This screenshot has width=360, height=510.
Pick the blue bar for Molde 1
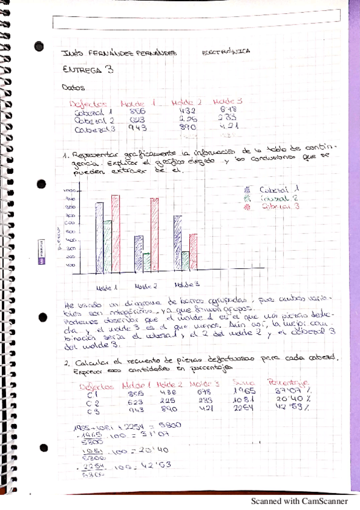pyautogui.click(x=100, y=238)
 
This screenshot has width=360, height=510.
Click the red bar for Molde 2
pyautogui.click(x=154, y=235)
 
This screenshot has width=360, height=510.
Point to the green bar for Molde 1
pyautogui.click(x=108, y=247)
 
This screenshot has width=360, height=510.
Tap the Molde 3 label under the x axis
pyautogui.click(x=186, y=284)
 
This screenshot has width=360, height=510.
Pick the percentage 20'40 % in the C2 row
pyautogui.click(x=291, y=399)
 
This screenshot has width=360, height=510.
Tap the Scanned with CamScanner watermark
pyautogui.click(x=299, y=500)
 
